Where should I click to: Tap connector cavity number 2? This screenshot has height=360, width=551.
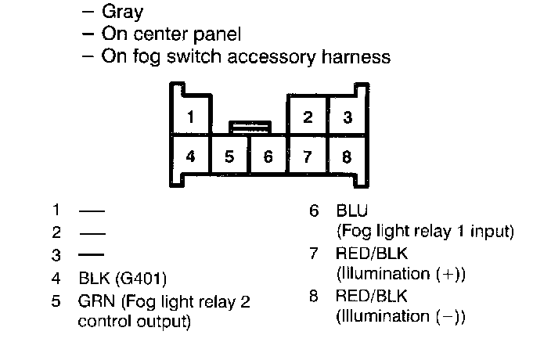click(308, 117)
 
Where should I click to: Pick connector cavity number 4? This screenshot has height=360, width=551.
click(191, 155)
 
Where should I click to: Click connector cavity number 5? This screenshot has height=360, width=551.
click(229, 156)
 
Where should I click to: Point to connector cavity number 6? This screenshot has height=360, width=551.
click(268, 156)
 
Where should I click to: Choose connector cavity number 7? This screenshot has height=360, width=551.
click(308, 156)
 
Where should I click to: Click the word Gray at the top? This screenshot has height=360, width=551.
click(127, 13)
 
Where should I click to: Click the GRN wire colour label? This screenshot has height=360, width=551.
click(95, 301)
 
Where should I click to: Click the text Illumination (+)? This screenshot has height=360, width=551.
click(401, 274)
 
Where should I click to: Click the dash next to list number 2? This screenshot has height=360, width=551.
click(92, 233)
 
